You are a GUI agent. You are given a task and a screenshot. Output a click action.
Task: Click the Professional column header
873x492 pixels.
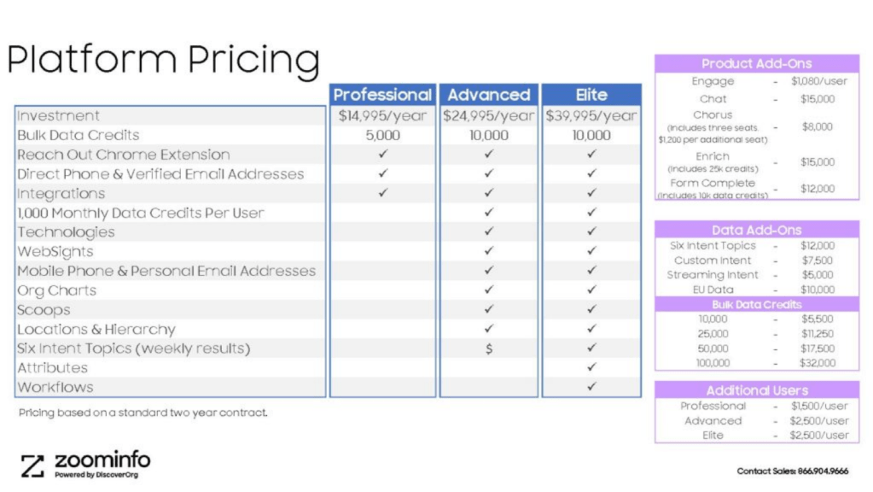(x=382, y=95)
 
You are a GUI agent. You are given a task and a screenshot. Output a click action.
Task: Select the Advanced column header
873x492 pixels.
(x=489, y=95)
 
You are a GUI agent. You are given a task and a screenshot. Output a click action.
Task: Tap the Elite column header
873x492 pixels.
(x=591, y=95)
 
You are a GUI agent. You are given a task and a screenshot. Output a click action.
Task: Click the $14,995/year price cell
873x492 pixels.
(x=382, y=116)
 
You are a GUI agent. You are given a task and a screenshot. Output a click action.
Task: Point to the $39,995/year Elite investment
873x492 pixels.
(x=591, y=116)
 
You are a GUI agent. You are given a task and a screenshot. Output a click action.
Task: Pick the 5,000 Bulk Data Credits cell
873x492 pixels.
(x=382, y=136)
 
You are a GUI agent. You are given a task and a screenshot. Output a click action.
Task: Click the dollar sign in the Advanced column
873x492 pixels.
(x=489, y=348)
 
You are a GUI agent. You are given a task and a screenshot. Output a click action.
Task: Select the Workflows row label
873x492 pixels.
(x=55, y=387)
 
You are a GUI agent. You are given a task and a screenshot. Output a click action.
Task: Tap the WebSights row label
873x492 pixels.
(x=55, y=252)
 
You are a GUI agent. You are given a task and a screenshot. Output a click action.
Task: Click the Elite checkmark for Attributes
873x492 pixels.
(x=591, y=367)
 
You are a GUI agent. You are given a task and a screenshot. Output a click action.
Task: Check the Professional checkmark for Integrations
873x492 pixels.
(x=382, y=193)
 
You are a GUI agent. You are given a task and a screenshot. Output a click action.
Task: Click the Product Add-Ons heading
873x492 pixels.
(x=757, y=63)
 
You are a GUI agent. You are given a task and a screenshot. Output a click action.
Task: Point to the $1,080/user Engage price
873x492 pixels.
(x=819, y=81)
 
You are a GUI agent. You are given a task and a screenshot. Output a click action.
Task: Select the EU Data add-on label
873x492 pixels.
(x=713, y=290)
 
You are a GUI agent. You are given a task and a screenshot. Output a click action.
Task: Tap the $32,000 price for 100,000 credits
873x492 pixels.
(x=818, y=363)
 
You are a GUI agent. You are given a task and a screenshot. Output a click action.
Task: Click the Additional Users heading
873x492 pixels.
(x=757, y=390)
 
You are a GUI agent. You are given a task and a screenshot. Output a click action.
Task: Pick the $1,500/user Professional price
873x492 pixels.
(x=819, y=407)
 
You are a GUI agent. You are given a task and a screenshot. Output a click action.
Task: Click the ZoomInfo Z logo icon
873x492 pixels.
(x=32, y=466)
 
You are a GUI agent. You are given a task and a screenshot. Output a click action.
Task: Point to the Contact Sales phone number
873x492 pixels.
(x=823, y=471)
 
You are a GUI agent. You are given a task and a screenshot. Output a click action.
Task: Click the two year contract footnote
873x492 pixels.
(x=143, y=413)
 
